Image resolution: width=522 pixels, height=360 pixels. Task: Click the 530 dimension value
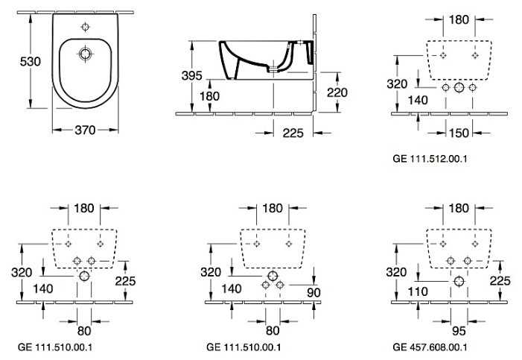pos(31,61)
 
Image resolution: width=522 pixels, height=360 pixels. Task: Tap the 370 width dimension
pos(85,130)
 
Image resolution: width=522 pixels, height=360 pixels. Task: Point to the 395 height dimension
pos(192,76)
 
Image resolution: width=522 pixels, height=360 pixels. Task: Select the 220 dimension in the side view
pos(337,92)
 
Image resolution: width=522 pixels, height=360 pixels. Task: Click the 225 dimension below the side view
pos(293,133)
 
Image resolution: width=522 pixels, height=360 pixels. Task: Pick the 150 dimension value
pos(459,133)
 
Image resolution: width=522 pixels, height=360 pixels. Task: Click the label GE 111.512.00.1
pos(430,158)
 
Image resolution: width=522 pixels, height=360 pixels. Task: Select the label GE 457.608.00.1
pos(430,347)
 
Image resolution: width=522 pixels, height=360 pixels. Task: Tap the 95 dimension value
pos(459,331)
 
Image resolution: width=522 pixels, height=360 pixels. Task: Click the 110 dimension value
pos(418,291)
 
